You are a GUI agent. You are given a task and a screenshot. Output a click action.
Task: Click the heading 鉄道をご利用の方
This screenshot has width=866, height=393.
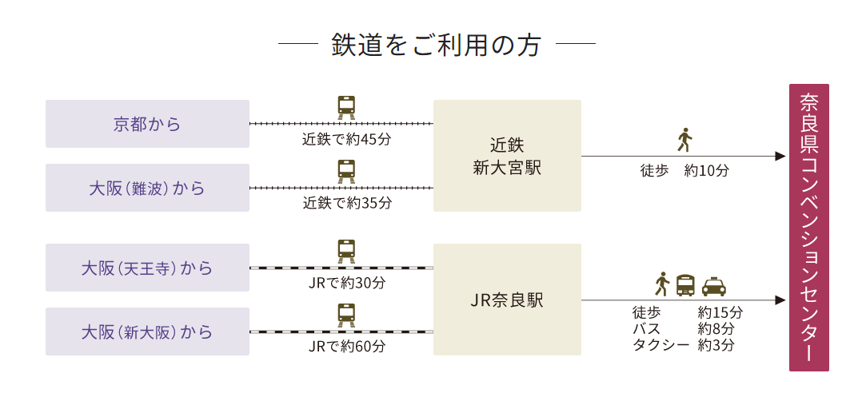[x=436, y=45]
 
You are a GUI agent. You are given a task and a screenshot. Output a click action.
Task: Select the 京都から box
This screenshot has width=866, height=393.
[x=147, y=124]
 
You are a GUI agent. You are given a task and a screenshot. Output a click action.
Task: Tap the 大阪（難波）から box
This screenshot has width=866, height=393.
[x=147, y=189]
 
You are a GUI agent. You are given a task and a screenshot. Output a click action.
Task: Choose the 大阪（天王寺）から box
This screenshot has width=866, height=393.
[x=147, y=268]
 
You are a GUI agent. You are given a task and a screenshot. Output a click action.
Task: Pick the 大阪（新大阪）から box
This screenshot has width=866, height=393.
[x=147, y=331]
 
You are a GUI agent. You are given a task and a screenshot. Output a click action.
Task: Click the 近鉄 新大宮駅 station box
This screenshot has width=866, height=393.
[x=507, y=156]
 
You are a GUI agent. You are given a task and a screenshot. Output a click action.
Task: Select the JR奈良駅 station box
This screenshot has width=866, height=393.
[x=507, y=300]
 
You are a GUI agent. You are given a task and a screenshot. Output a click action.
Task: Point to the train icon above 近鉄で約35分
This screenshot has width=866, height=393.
[x=346, y=172]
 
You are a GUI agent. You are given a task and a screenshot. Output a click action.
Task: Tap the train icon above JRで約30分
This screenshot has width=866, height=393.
[x=346, y=251]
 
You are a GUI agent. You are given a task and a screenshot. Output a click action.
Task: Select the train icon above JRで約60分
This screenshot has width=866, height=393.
[x=346, y=315]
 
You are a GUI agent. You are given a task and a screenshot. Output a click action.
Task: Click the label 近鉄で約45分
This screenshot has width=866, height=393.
[x=346, y=139]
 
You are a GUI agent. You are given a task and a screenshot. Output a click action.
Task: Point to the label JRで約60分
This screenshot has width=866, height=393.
[x=346, y=347]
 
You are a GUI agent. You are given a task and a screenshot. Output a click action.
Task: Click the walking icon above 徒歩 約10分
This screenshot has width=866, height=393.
[x=684, y=140]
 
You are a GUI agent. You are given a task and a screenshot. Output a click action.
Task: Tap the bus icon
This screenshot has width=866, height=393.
[x=685, y=285]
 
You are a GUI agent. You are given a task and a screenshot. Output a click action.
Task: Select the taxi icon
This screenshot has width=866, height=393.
[x=713, y=286]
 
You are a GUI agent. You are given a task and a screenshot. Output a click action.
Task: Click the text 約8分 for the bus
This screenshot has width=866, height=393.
[x=716, y=328]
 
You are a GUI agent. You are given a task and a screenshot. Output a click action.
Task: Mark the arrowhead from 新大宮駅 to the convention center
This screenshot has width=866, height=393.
[x=781, y=157]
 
